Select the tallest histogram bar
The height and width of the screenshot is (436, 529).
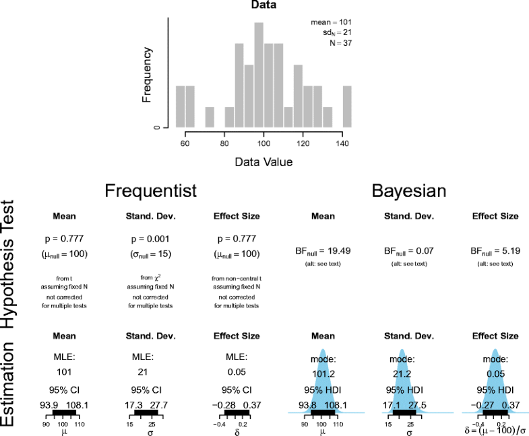[259, 74]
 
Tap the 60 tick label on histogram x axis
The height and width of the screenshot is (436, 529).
[185, 143]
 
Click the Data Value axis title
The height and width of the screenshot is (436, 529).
[263, 162]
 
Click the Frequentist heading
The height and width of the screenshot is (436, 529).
[150, 191]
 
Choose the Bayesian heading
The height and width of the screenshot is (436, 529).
[409, 191]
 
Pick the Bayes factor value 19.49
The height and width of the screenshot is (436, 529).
[323, 250]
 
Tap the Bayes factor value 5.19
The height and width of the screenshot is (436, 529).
[495, 250]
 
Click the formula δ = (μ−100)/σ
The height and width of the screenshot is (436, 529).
[495, 429]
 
